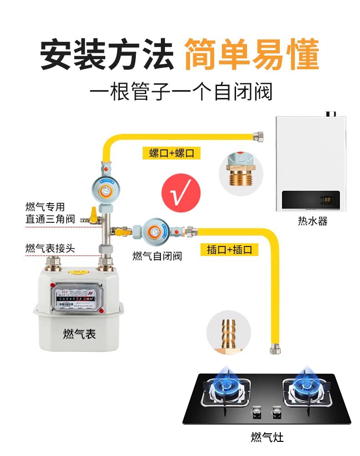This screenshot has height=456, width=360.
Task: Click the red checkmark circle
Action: tap(182, 194)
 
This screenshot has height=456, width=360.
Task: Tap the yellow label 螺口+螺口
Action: tap(171, 153)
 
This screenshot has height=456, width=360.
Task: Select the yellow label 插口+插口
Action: tap(229, 250)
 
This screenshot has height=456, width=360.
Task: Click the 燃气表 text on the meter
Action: tap(80, 334)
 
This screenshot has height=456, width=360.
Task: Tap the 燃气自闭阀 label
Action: tap(157, 256)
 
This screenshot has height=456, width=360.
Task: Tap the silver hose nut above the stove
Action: tap(275, 349)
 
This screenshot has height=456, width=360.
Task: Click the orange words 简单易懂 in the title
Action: tap(252, 56)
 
